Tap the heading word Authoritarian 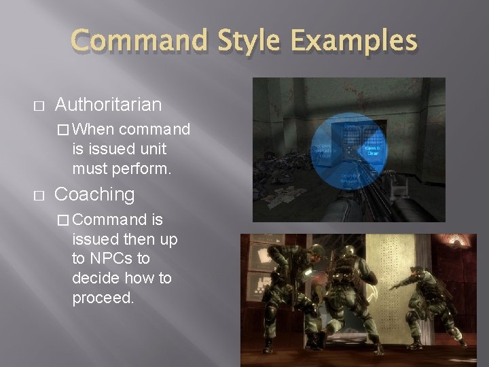[108, 105]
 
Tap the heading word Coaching [94, 194]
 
